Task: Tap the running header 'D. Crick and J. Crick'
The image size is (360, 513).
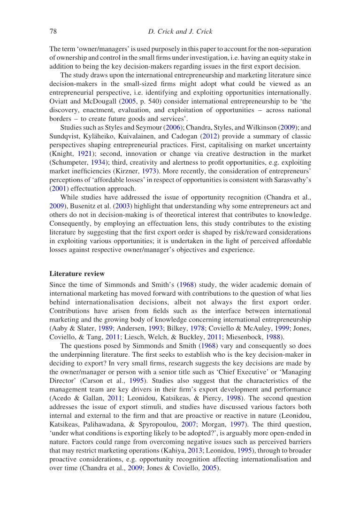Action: pos(180,31)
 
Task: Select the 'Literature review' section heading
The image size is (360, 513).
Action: pos(77,274)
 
